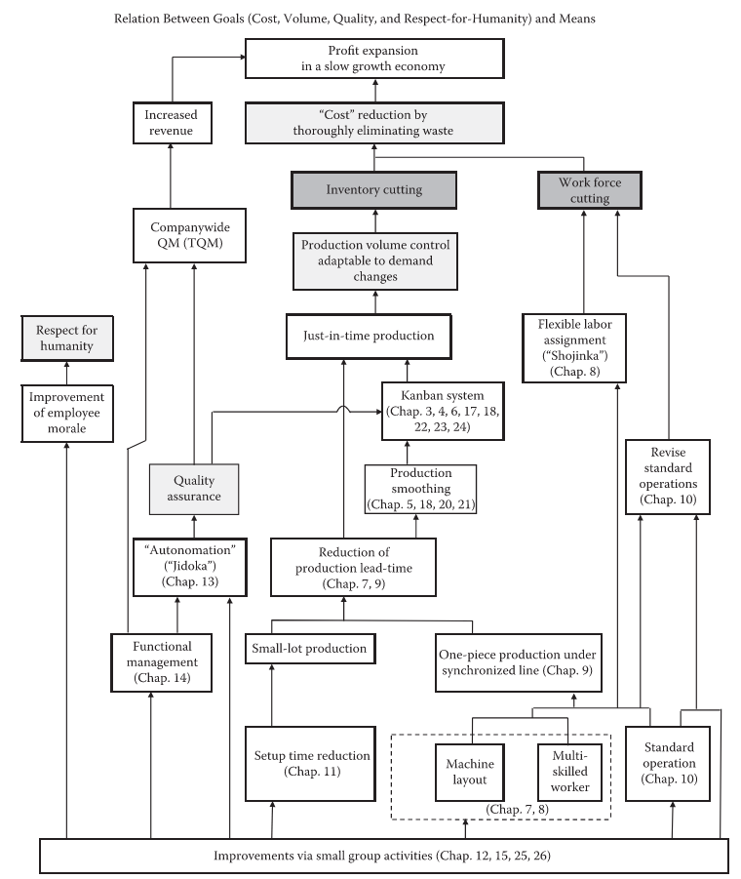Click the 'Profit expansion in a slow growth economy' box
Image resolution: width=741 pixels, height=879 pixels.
pyautogui.click(x=375, y=58)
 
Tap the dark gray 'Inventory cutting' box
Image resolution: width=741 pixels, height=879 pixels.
pyautogui.click(x=375, y=189)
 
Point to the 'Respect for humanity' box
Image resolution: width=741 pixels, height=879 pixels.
pyautogui.click(x=67, y=338)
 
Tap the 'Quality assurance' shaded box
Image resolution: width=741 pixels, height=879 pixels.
pyautogui.click(x=194, y=488)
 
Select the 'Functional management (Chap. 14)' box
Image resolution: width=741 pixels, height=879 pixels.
pyautogui.click(x=160, y=662)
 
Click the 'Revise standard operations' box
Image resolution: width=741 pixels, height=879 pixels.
pyautogui.click(x=668, y=476)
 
